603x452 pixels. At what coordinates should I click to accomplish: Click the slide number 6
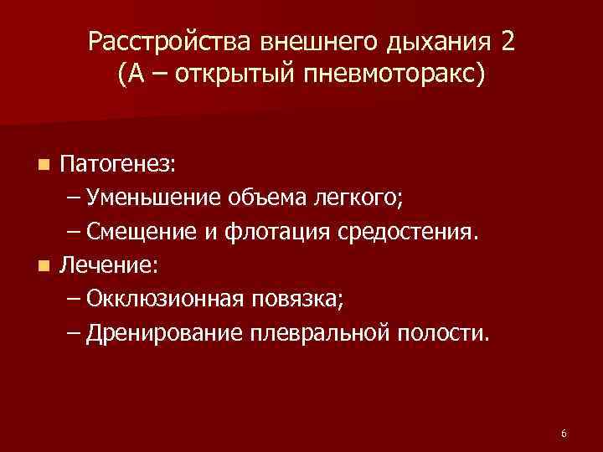pyautogui.click(x=564, y=433)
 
